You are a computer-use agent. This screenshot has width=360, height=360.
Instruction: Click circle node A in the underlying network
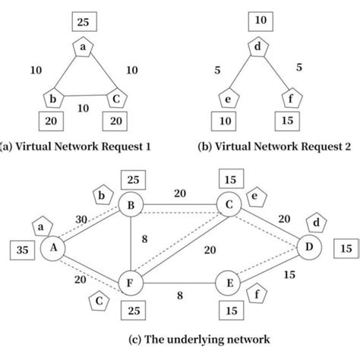tap(54, 248)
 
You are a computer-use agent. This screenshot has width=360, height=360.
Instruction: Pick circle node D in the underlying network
tap(309, 248)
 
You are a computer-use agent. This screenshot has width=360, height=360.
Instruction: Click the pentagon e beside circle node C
tap(257, 197)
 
